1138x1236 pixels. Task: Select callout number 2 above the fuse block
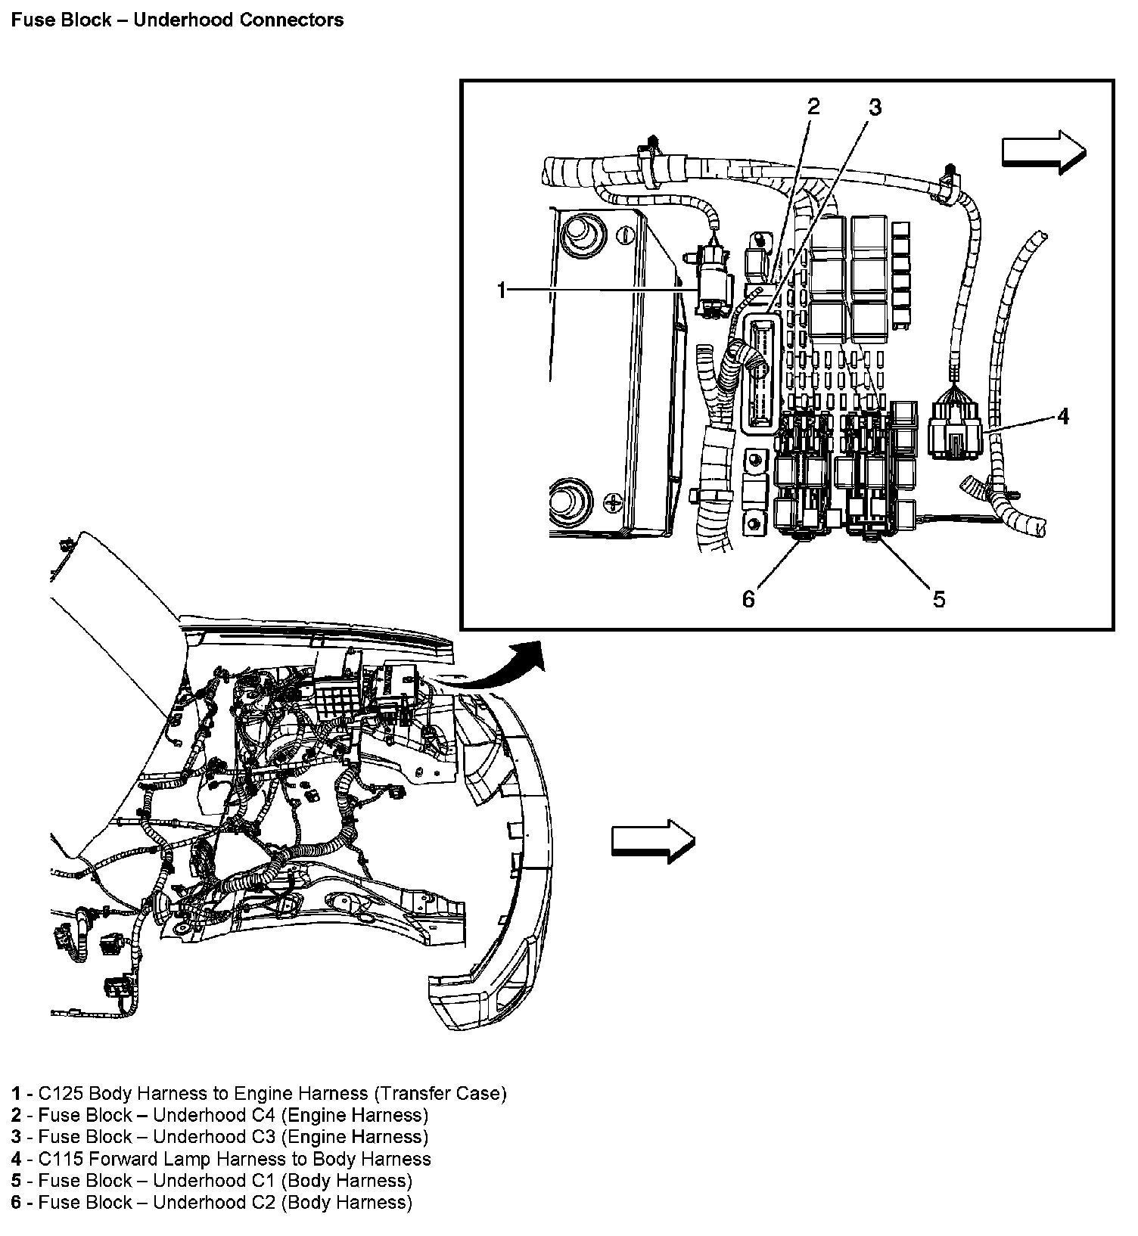pos(813,106)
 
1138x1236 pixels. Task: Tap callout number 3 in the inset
pos(875,107)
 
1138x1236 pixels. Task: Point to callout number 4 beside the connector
pos(1063,416)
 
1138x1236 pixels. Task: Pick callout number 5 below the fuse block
pos(939,599)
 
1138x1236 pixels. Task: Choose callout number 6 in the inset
pos(748,599)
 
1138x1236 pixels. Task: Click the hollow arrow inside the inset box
pos(1044,152)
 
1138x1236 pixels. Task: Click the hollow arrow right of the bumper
pos(653,840)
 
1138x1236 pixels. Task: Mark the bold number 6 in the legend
pos(16,1203)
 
